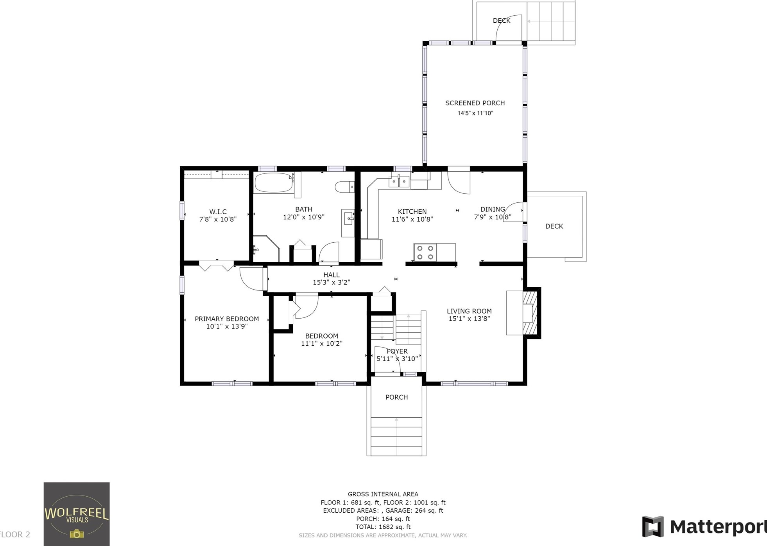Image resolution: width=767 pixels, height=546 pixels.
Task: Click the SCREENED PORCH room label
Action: pos(475,103)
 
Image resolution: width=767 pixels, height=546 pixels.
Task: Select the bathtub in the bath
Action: pos(274,182)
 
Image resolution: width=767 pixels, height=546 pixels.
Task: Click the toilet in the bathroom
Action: pos(344,187)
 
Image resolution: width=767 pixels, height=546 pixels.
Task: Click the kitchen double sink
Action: pos(399,181)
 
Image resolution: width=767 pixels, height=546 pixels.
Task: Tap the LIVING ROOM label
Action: pos(469,311)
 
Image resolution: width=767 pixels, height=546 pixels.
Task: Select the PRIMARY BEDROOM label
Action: pos(227,319)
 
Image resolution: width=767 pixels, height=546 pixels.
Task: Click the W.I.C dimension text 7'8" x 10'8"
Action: pos(218,219)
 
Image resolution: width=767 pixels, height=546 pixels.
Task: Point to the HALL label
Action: pos(332,275)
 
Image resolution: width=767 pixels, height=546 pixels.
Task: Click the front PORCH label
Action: pos(396,397)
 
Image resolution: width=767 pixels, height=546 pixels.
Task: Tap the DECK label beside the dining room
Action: pos(554,226)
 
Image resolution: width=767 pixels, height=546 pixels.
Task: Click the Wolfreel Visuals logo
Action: pos(77,514)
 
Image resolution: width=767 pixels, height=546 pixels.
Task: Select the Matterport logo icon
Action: pos(653,526)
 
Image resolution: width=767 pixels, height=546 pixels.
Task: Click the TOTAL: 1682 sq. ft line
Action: pos(383,527)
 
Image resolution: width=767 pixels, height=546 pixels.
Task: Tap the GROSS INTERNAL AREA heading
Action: pos(383,494)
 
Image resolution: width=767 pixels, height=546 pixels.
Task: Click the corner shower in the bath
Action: pos(266,249)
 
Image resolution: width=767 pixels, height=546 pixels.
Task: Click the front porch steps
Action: pos(396,436)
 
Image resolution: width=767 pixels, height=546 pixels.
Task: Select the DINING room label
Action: pos(493,209)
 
